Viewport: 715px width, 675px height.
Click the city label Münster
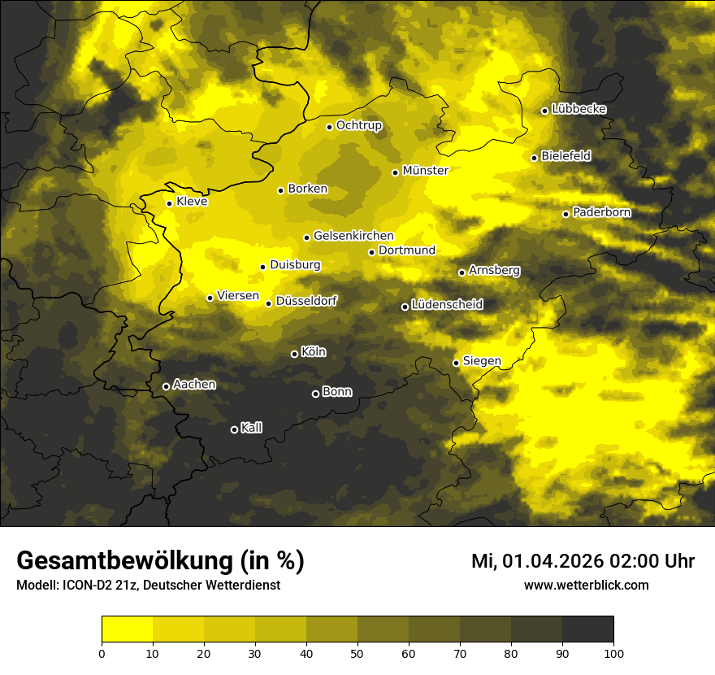(x=425, y=171)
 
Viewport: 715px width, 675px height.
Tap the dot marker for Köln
(x=294, y=354)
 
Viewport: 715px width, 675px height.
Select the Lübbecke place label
(x=578, y=109)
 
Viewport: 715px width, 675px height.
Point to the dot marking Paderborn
(x=566, y=214)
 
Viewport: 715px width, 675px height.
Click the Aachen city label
(x=194, y=385)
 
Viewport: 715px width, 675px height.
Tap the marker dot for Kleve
(x=169, y=203)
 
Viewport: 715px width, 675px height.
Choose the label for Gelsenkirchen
(x=353, y=236)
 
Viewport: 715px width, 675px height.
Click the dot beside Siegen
(x=456, y=363)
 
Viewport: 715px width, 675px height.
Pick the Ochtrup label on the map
(x=358, y=125)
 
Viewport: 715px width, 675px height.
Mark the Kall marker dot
(x=234, y=429)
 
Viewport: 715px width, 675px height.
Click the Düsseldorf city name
(x=306, y=301)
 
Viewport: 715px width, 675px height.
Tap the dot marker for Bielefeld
(x=534, y=158)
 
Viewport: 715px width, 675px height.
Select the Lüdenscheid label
(x=447, y=305)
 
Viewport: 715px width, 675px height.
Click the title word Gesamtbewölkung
(x=127, y=561)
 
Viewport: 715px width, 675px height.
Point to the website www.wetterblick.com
(x=586, y=586)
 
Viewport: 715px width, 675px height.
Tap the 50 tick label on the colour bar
(x=357, y=652)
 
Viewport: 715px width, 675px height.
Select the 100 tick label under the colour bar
(x=613, y=652)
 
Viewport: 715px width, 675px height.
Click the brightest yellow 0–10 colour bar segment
(x=127, y=629)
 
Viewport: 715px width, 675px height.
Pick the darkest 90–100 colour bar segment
(x=587, y=629)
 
